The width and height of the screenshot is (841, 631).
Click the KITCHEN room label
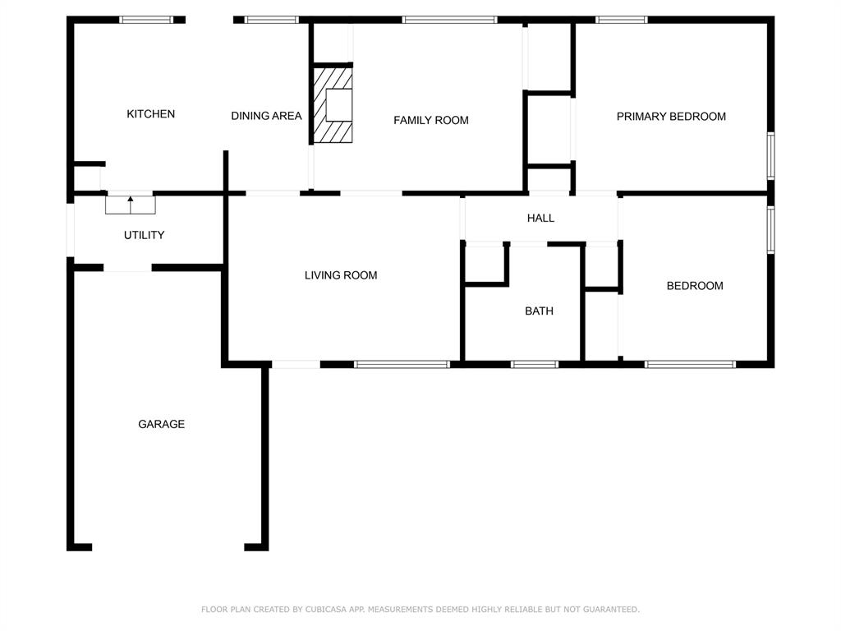151,113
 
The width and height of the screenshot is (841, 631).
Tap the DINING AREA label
267,116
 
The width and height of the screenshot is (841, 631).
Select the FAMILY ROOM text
431,120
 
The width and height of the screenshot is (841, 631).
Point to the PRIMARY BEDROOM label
671,117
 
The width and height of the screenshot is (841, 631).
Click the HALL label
540,218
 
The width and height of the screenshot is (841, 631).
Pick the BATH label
539,311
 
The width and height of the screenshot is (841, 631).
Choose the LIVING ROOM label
341,275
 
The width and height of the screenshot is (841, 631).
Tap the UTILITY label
145,235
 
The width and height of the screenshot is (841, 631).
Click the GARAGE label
162,424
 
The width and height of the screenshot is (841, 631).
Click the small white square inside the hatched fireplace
339,105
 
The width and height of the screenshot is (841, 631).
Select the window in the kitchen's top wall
146,20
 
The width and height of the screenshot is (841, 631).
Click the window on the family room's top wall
449,20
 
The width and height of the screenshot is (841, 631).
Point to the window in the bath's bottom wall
534,364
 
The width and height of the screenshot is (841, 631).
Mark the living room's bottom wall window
402,364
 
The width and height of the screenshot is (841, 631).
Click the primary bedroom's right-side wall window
770,155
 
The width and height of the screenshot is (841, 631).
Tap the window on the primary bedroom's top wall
622,20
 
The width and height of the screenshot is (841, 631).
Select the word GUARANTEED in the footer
611,609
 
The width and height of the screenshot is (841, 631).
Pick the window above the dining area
271,20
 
